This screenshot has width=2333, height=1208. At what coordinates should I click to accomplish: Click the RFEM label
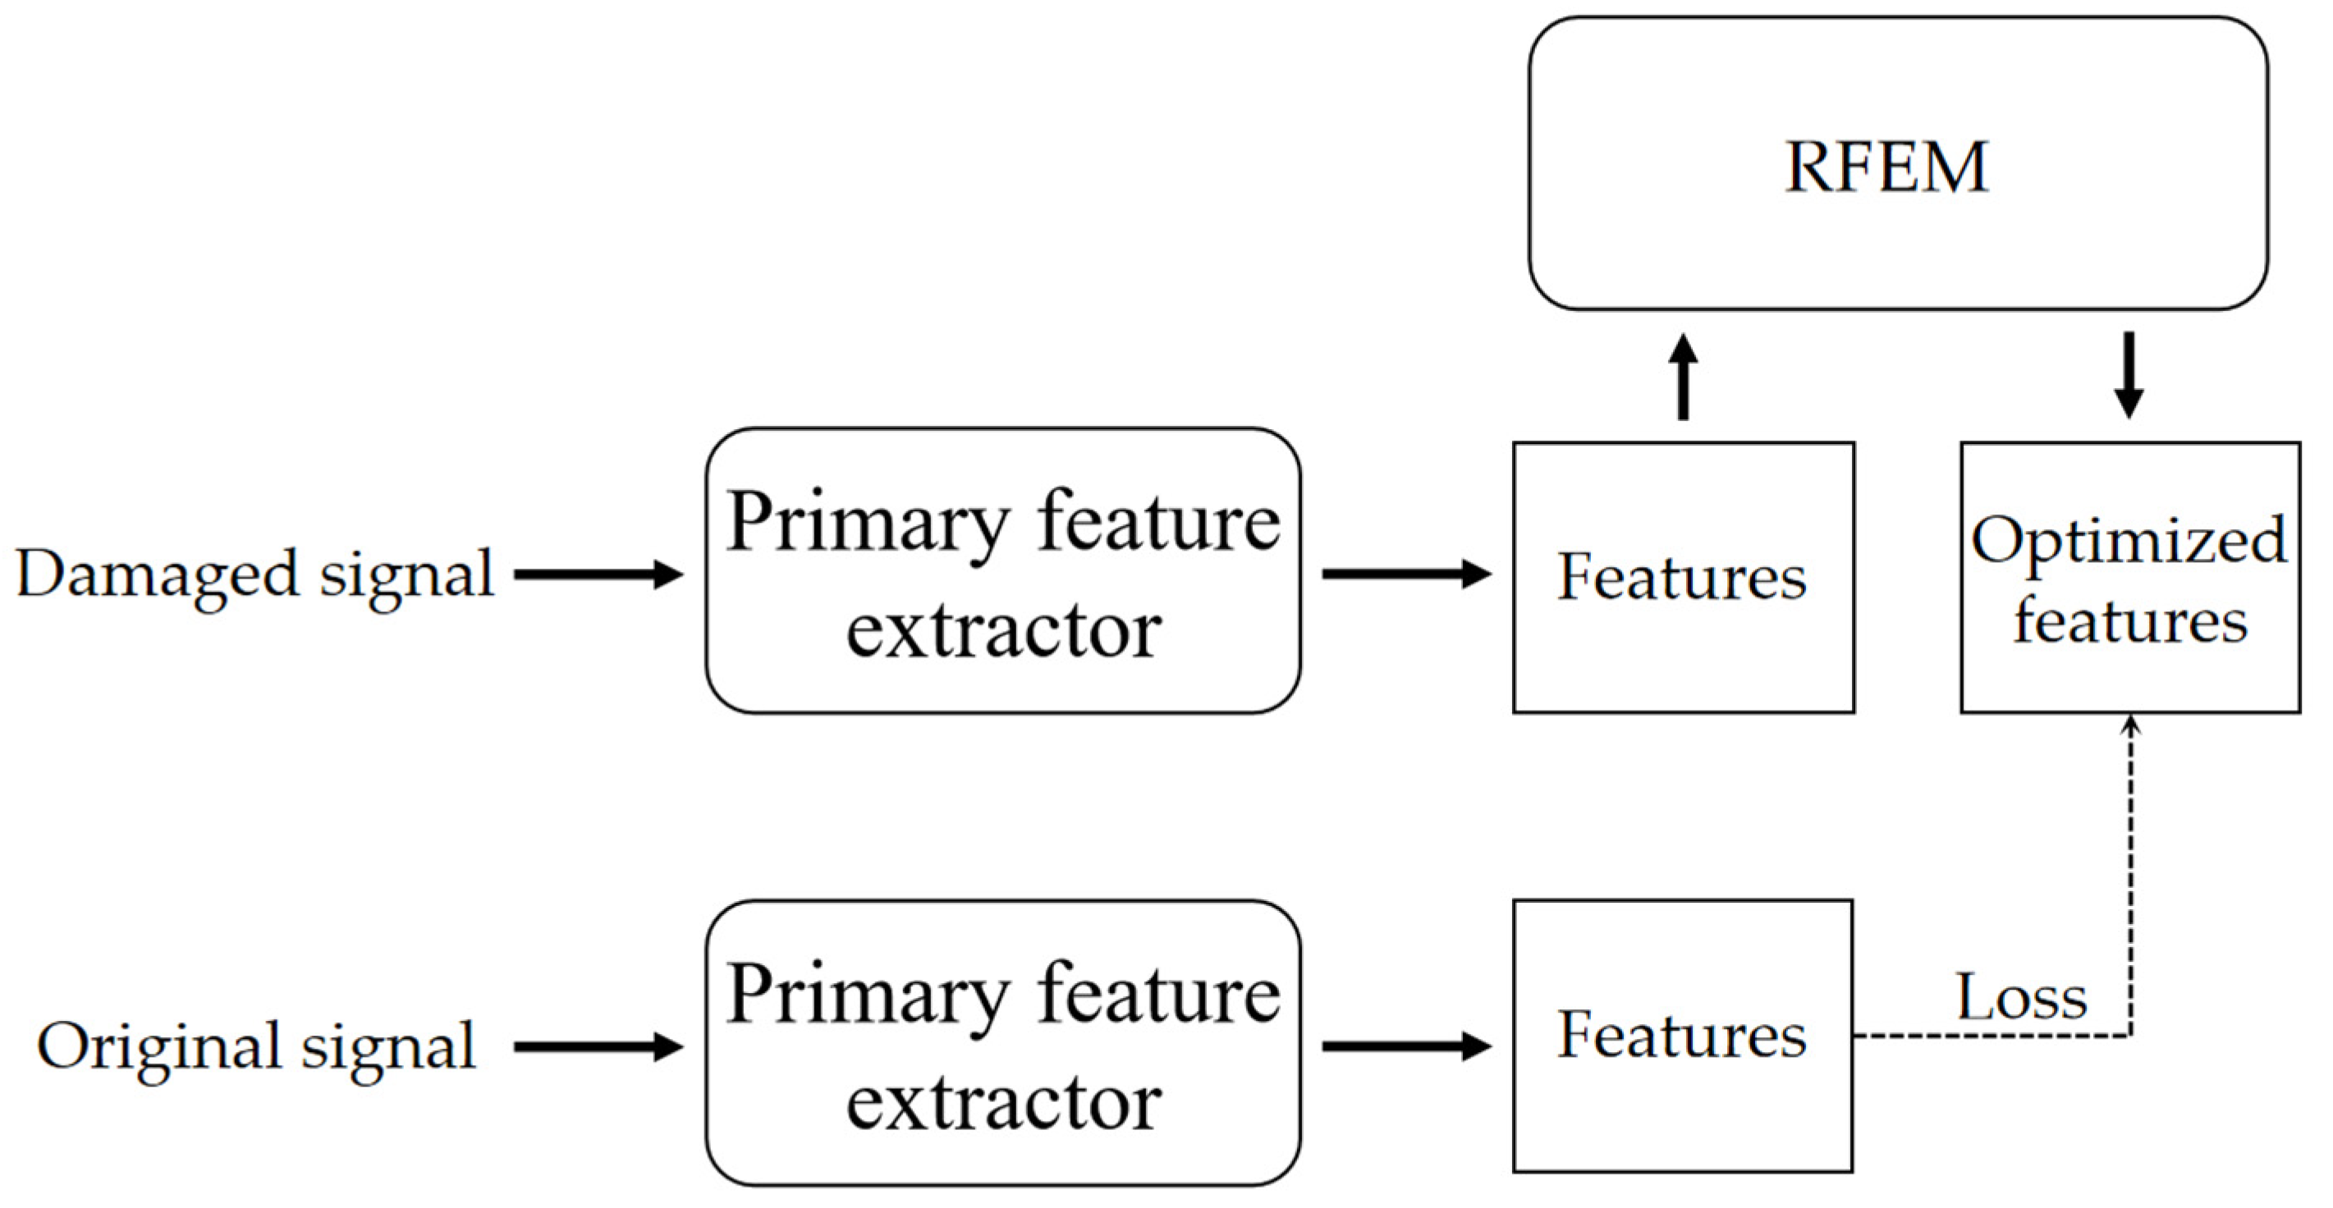click(x=1886, y=167)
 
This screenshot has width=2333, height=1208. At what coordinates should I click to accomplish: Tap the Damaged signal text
click(x=255, y=574)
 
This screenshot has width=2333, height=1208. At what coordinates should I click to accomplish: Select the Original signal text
click(x=255, y=1047)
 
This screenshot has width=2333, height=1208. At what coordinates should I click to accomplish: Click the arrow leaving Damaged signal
click(x=598, y=574)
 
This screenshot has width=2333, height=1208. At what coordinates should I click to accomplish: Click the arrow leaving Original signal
click(x=598, y=1047)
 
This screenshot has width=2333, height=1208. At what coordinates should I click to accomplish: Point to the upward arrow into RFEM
click(x=1683, y=377)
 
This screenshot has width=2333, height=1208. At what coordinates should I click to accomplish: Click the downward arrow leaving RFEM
click(x=2129, y=375)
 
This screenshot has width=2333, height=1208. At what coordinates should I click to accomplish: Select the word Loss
click(x=2021, y=998)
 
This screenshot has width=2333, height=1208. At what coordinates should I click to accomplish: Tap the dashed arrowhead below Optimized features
click(x=2131, y=725)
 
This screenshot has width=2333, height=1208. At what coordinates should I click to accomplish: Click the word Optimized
click(x=2129, y=541)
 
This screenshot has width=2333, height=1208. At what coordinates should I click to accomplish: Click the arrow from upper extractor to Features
click(x=1405, y=574)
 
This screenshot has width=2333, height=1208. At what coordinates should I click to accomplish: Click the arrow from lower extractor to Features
click(x=1405, y=1047)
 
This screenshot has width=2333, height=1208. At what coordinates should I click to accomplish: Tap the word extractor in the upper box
click(x=1003, y=632)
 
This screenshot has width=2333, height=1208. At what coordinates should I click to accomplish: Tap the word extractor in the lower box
click(x=1003, y=1104)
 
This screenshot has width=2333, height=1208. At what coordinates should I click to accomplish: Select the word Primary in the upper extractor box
click(x=868, y=523)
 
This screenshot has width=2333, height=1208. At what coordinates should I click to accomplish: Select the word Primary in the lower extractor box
click(x=868, y=995)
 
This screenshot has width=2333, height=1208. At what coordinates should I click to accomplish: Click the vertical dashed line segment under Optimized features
click(x=2131, y=878)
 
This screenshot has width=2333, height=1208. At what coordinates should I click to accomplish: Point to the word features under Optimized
click(x=2130, y=621)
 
